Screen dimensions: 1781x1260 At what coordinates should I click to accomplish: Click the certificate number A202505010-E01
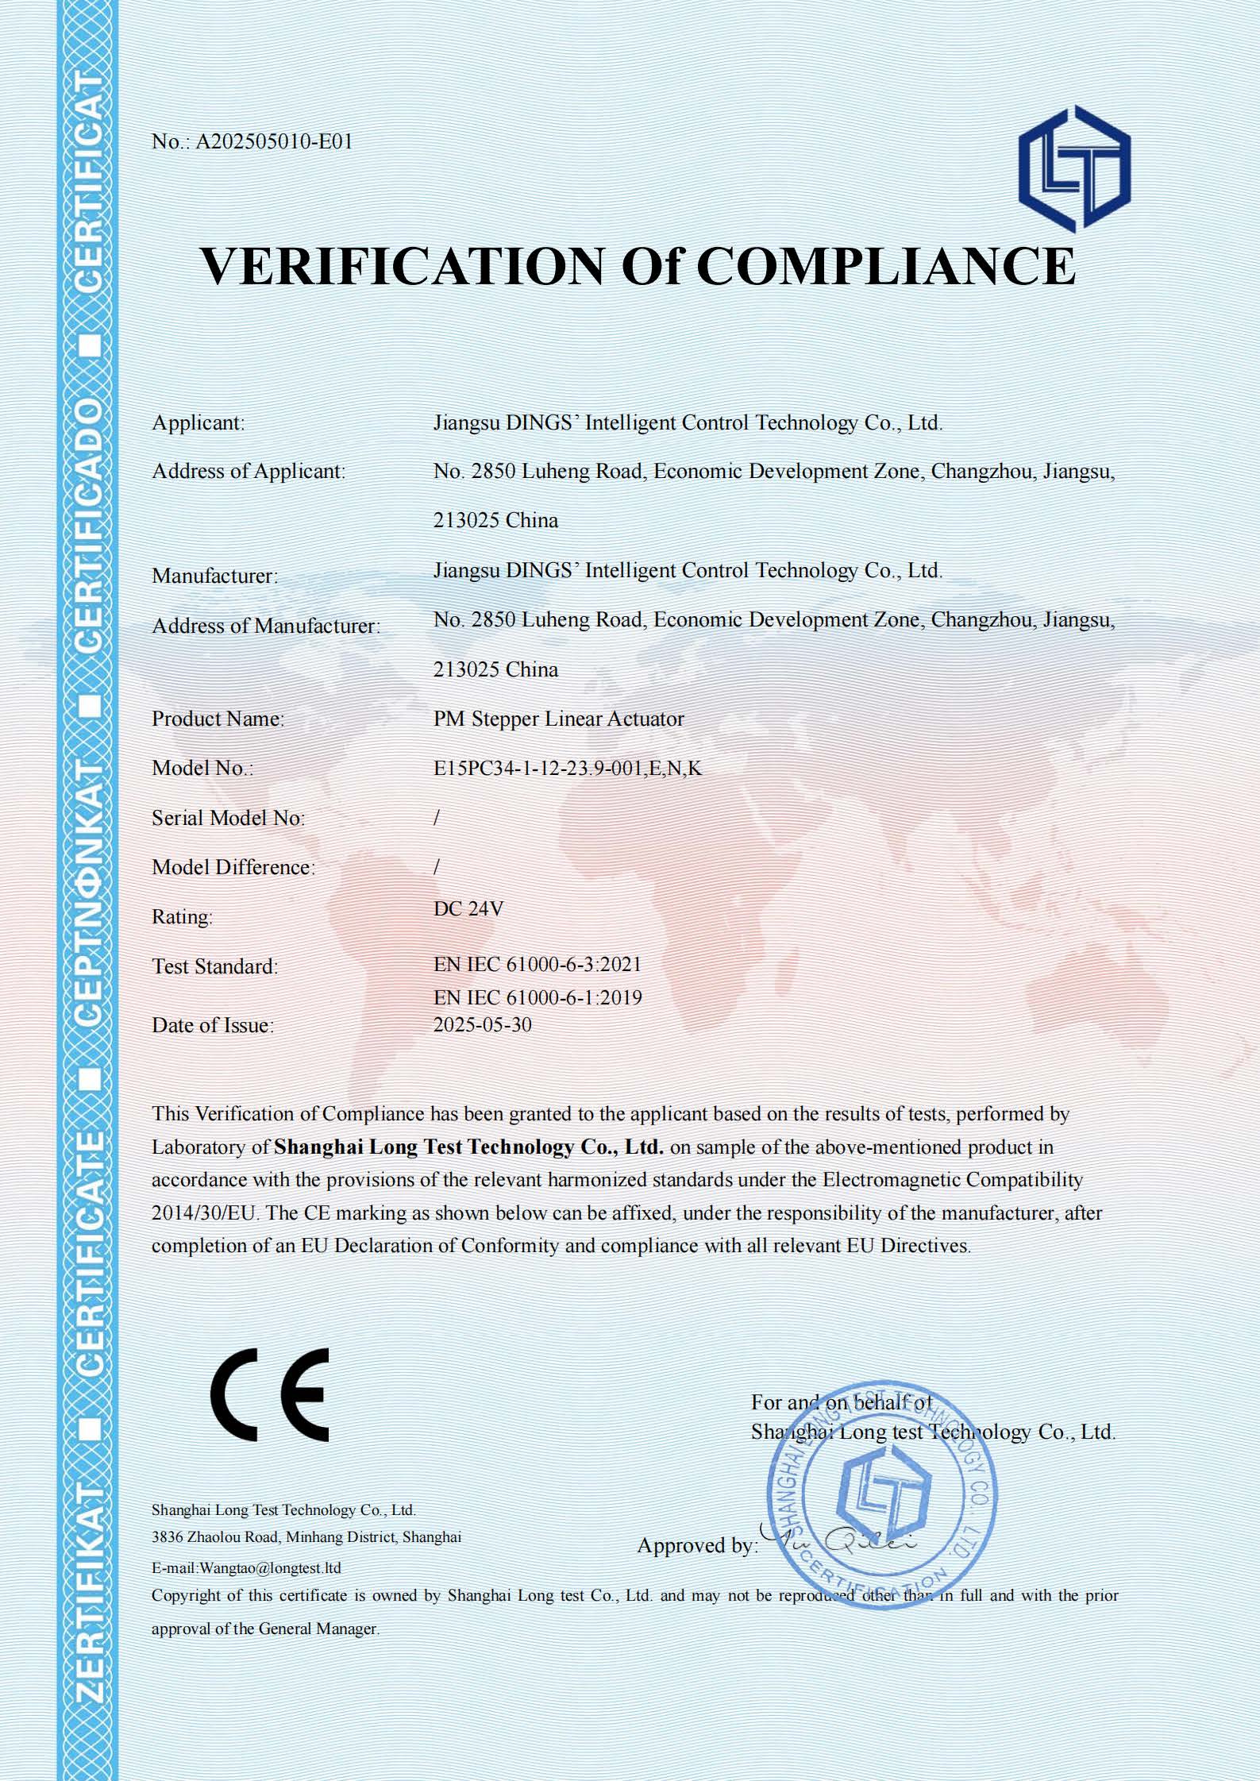pos(274,142)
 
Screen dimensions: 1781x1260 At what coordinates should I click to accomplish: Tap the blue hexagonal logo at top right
pos(1074,168)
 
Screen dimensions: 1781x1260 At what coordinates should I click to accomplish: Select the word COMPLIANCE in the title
pos(885,266)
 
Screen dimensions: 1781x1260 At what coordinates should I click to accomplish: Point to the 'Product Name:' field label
pos(218,719)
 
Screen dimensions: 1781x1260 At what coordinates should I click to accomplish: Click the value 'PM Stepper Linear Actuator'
pos(558,719)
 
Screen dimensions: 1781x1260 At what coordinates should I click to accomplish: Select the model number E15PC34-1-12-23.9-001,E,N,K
pos(567,769)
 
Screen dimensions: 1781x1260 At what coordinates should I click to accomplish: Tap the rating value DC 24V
pos(468,909)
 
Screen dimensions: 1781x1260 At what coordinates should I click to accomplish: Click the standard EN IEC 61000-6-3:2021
pos(537,965)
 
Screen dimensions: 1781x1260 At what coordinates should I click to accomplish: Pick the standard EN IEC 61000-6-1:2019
pos(538,998)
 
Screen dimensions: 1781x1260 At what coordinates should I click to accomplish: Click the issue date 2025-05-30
pos(482,1025)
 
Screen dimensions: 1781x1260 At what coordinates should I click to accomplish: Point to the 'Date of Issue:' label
pos(213,1026)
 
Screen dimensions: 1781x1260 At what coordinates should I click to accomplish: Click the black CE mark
pos(269,1394)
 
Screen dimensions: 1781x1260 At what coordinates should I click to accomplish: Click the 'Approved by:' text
pos(696,1545)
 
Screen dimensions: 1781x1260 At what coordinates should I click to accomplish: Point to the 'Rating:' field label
pos(183,917)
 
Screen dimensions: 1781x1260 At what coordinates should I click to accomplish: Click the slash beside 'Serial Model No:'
pos(437,818)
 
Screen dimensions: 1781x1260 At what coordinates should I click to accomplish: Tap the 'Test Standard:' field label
pos(215,967)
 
